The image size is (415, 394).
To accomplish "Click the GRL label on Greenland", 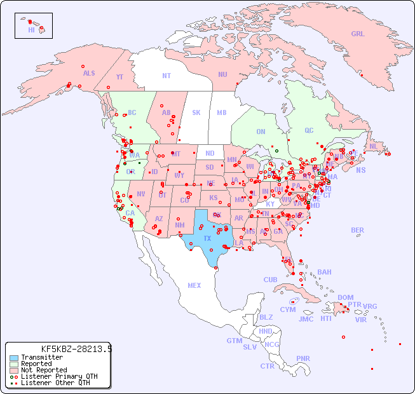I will tap(358, 34).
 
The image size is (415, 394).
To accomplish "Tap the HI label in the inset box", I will tap(31, 30).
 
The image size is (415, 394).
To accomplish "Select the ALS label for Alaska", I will tap(89, 73).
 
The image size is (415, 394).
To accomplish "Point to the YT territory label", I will tap(119, 77).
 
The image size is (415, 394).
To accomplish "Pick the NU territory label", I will tap(222, 74).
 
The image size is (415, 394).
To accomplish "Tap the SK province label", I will tap(196, 112).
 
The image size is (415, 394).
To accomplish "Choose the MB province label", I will tap(221, 112).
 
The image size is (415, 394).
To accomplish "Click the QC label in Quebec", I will tap(309, 130).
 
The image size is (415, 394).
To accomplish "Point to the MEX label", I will tap(194, 285).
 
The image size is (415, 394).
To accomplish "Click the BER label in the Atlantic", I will tap(357, 230).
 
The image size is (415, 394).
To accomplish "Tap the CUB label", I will tap(270, 280).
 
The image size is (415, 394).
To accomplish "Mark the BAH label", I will tap(324, 272).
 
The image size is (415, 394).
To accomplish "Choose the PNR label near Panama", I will tap(303, 358).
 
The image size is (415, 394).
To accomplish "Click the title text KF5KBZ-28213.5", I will tap(76, 349).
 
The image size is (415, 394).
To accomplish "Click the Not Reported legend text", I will tap(44, 370).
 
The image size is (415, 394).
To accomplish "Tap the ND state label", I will tap(210, 153).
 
